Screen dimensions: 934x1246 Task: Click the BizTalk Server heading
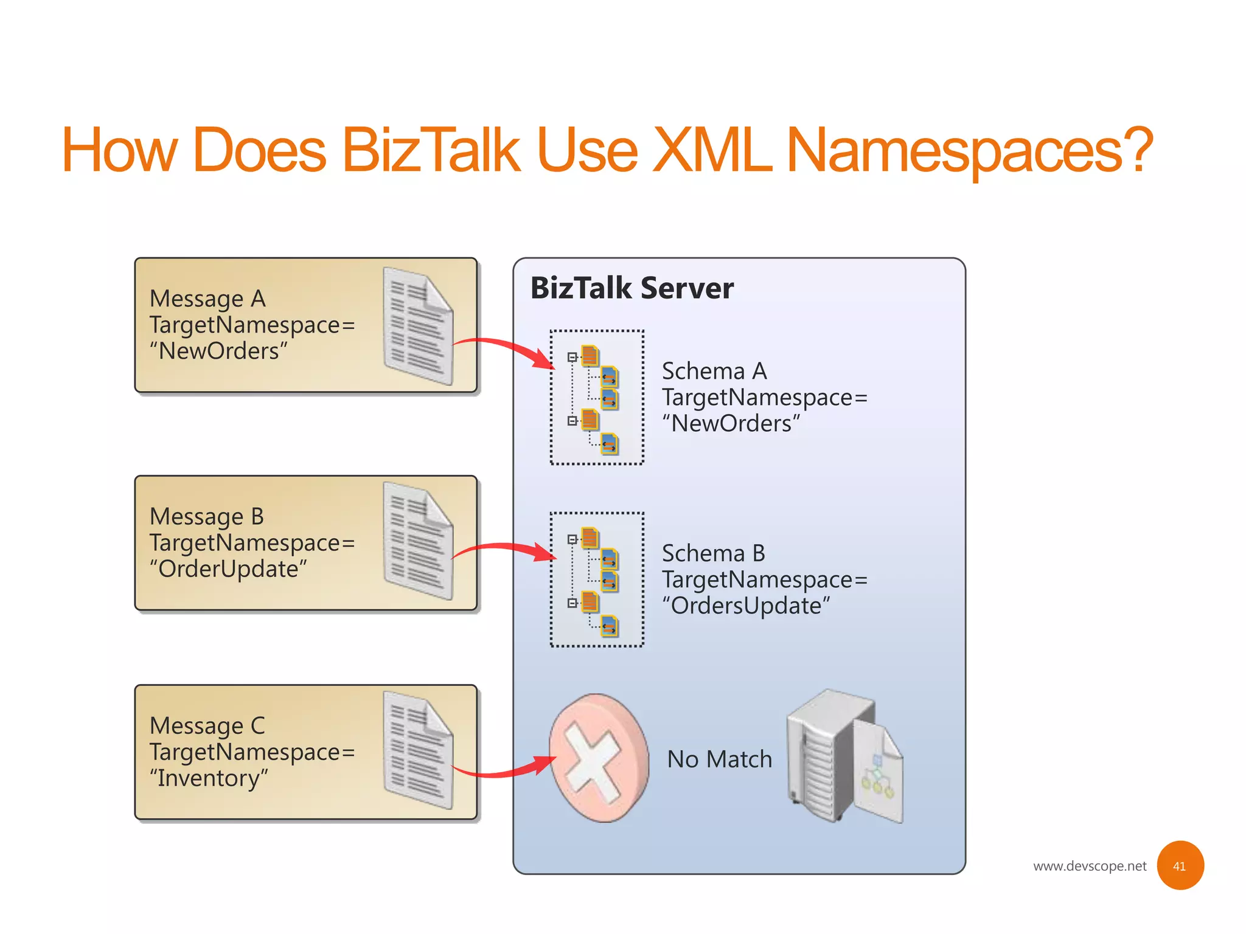click(632, 288)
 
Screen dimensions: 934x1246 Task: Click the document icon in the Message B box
click(418, 541)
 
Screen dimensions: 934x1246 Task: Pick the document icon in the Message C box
click(418, 750)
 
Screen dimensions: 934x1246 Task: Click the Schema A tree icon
click(596, 398)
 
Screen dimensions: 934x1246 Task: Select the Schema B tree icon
click(596, 579)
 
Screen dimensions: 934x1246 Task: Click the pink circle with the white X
click(598, 758)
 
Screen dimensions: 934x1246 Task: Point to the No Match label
click(719, 759)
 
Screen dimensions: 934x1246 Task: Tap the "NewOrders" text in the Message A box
click(219, 351)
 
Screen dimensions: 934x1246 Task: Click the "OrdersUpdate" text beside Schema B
click(746, 606)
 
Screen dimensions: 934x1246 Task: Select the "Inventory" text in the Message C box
click(209, 778)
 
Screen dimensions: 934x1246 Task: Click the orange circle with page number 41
click(1179, 865)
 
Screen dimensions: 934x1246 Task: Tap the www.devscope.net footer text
click(1089, 866)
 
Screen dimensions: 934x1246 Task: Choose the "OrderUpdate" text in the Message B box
click(228, 569)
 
